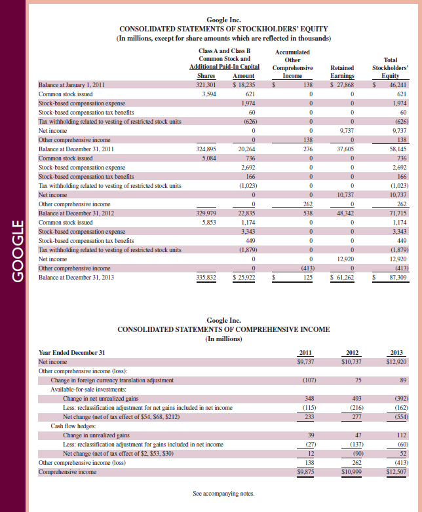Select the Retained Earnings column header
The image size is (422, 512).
tap(343, 71)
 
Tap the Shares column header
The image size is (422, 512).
tap(206, 76)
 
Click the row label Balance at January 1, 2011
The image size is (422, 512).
tap(77, 85)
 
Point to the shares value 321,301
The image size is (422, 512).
tap(206, 85)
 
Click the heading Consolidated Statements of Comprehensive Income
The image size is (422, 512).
tap(223, 329)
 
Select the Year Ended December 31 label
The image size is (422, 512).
tap(72, 352)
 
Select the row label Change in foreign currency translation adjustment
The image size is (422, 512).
tap(112, 380)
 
